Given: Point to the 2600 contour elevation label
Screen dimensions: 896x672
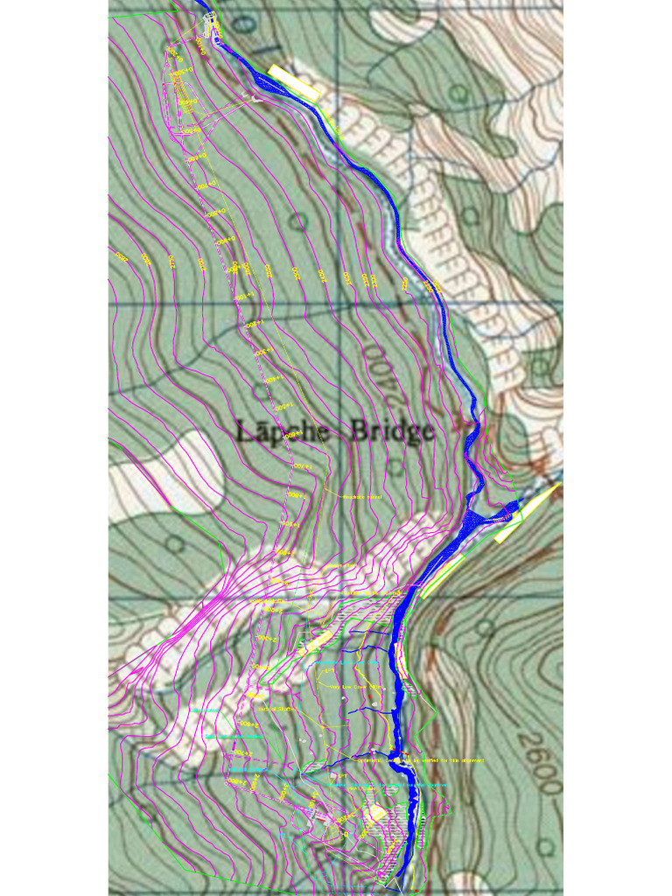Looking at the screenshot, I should click(x=545, y=763).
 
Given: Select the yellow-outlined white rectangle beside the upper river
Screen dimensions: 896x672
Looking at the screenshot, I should click(x=295, y=80).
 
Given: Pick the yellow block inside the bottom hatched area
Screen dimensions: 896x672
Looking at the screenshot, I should click(x=377, y=815).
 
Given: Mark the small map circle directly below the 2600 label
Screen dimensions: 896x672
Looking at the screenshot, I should click(x=546, y=847).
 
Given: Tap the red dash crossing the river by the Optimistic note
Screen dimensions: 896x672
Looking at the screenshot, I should click(x=395, y=753).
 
